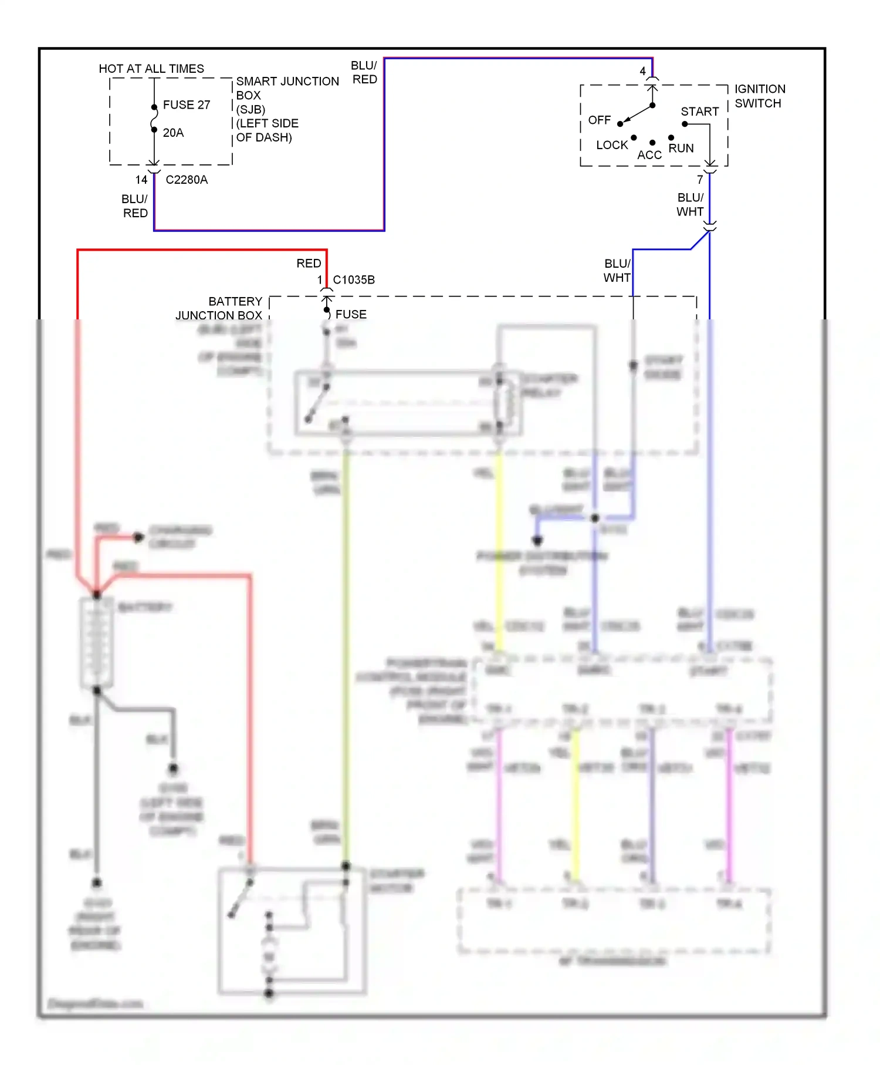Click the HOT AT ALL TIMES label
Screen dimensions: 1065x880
pos(151,69)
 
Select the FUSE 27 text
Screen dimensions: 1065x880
pos(186,105)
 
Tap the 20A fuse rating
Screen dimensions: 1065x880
pos(173,133)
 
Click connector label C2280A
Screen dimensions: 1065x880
pos(187,180)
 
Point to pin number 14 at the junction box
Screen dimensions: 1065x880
pos(141,180)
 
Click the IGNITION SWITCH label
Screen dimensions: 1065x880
pos(759,96)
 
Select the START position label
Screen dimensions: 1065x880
pos(699,112)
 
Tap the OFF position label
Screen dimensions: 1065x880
pos(599,120)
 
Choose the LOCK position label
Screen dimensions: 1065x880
pos(611,145)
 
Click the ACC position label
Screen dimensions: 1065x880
pos(649,155)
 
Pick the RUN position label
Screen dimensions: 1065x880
pos(681,149)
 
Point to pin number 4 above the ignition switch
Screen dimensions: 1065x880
pos(642,71)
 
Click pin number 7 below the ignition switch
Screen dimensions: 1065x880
pos(699,180)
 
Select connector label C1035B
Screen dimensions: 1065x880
pos(353,280)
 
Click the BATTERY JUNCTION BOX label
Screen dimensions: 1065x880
pos(219,308)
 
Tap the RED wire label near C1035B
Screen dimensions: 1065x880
pos(309,264)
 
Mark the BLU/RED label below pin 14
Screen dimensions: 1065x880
pos(135,206)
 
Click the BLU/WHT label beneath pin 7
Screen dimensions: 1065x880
pos(690,205)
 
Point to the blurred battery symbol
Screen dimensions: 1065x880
pos(96,643)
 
